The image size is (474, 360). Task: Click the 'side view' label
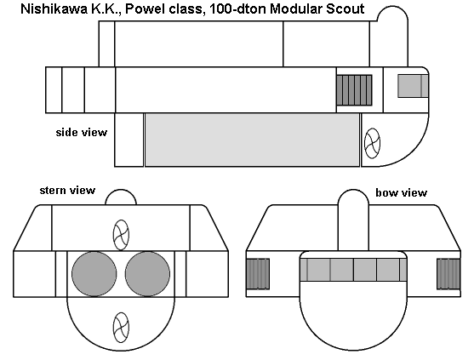click(x=82, y=133)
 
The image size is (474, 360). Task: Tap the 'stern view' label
click(x=67, y=191)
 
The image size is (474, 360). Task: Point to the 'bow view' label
click(x=401, y=192)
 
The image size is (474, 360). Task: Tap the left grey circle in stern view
click(x=94, y=274)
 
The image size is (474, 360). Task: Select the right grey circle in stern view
click(x=147, y=274)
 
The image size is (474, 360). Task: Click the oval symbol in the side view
click(x=372, y=143)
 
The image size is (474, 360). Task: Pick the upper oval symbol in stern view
click(x=121, y=235)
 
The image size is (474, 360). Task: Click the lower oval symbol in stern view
click(x=121, y=328)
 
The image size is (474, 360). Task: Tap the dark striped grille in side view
click(x=354, y=90)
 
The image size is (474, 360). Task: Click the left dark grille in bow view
click(x=258, y=274)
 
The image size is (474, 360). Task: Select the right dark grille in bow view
click(x=448, y=274)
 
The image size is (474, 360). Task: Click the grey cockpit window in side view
click(x=413, y=86)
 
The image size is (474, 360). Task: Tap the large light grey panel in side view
click(x=253, y=140)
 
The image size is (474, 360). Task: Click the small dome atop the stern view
click(x=121, y=197)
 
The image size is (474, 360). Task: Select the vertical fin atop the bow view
click(x=353, y=220)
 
